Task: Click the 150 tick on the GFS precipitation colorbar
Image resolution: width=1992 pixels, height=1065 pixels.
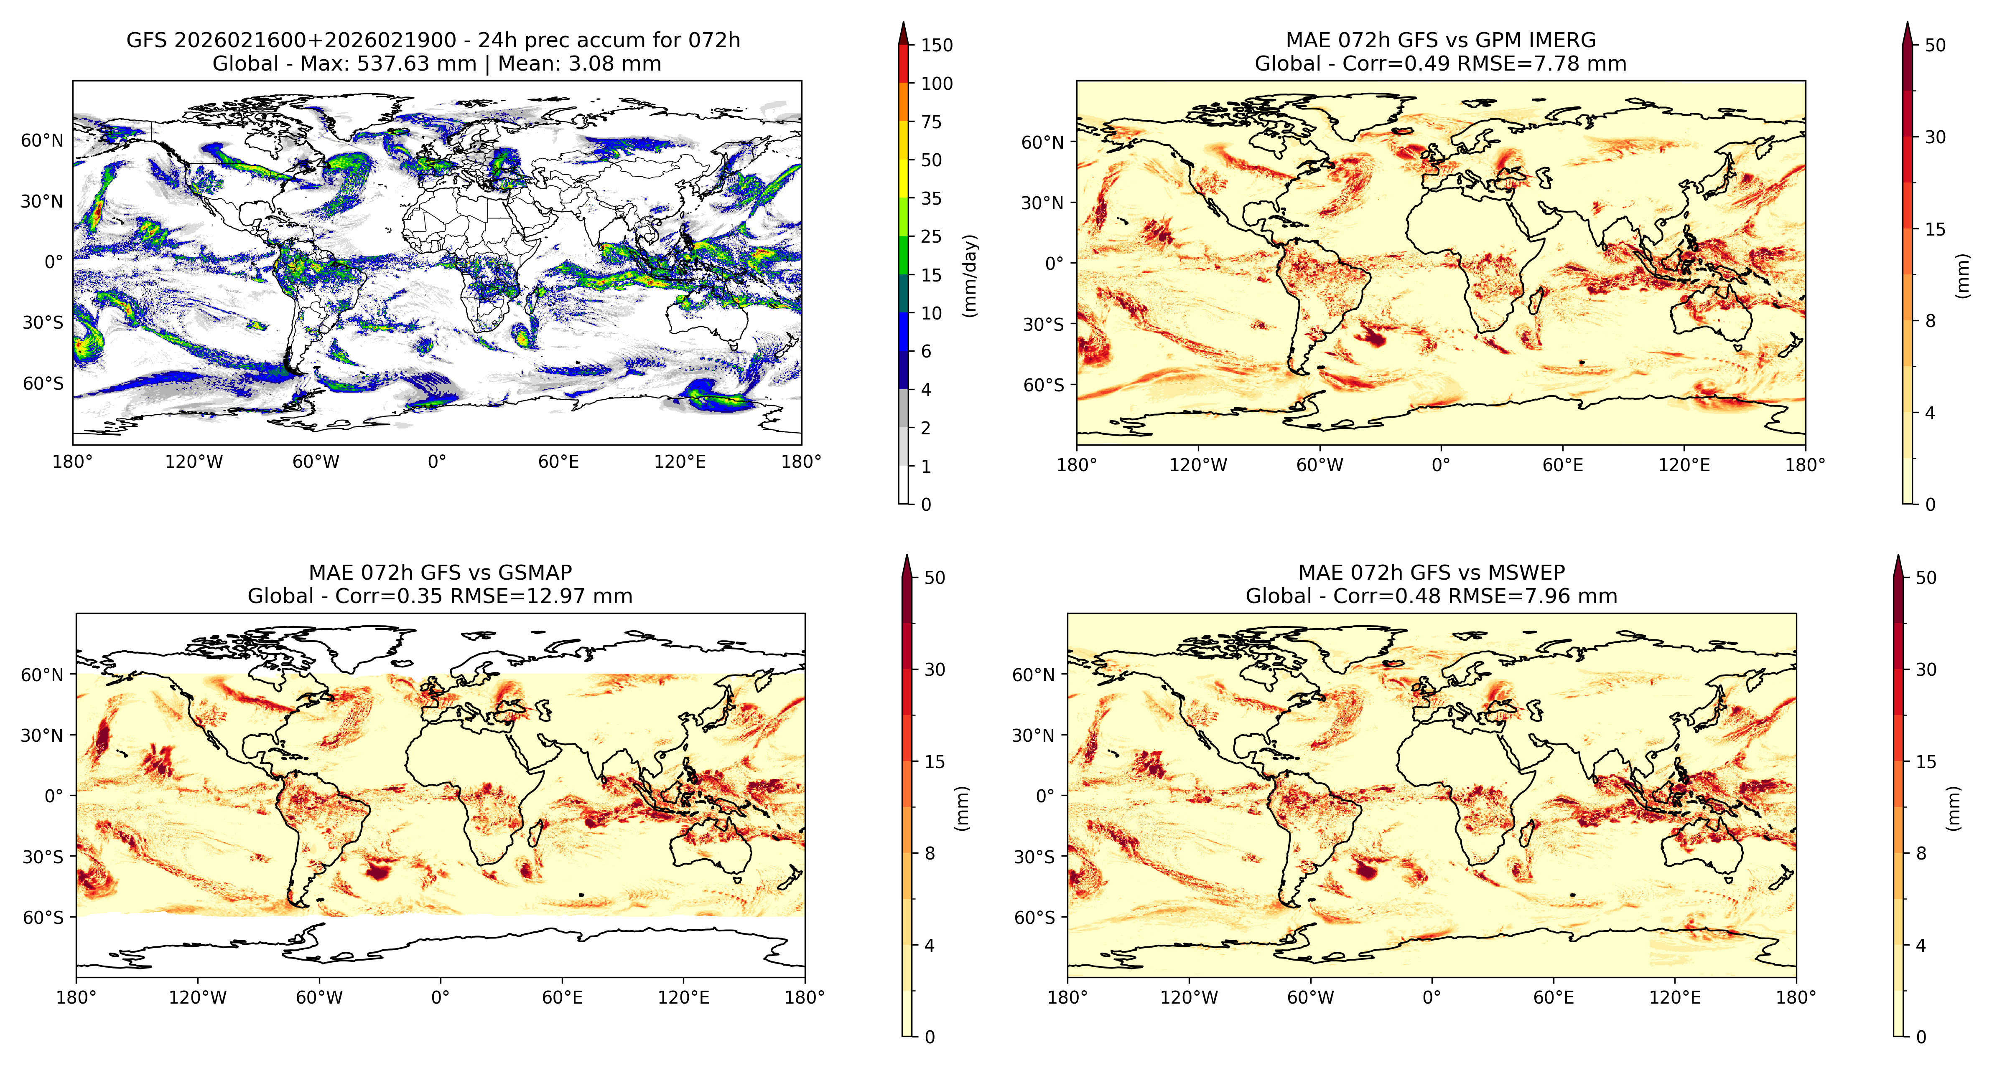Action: pyautogui.click(x=937, y=45)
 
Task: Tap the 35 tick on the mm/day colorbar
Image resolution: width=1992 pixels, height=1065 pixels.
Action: pyautogui.click(x=931, y=199)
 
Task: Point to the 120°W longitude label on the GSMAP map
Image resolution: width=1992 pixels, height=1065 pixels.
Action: pyautogui.click(x=198, y=997)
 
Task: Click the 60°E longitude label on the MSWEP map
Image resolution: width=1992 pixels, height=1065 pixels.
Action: pyautogui.click(x=1554, y=997)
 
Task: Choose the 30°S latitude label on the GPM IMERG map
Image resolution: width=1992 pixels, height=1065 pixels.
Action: pyautogui.click(x=1044, y=325)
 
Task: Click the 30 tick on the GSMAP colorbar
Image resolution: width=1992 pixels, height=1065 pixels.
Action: pyautogui.click(x=935, y=669)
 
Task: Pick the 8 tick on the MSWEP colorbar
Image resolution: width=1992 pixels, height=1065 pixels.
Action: pyautogui.click(x=1921, y=853)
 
